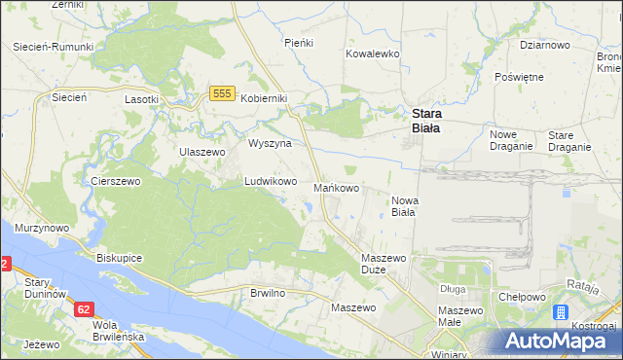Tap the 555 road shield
(x=221, y=92)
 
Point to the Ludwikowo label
(x=270, y=181)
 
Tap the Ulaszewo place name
(x=202, y=152)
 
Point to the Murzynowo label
(x=42, y=228)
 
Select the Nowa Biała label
(x=404, y=205)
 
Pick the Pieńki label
(x=297, y=43)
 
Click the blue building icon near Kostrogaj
(x=561, y=313)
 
